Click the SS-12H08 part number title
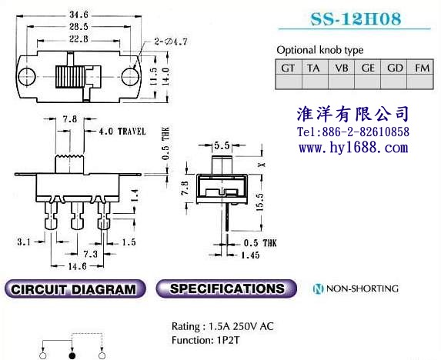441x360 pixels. (356, 18)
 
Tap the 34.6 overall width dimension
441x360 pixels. (79, 15)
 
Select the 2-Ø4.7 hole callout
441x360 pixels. (170, 42)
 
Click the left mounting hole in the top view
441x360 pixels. (27, 76)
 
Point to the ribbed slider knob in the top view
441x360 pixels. (70, 77)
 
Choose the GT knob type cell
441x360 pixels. (289, 68)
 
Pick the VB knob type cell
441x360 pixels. (342, 68)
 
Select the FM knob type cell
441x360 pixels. (421, 68)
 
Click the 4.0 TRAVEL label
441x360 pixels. (122, 132)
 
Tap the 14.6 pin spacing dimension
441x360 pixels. (77, 266)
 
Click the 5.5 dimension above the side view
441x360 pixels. (222, 145)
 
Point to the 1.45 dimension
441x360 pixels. (250, 255)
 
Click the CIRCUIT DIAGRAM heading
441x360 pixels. (74, 289)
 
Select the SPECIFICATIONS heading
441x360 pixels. (227, 288)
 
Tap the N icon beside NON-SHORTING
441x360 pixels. (318, 288)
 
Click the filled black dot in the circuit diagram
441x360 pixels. (72, 356)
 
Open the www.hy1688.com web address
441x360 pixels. (353, 148)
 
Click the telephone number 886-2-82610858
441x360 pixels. (366, 132)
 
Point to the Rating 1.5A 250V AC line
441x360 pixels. (222, 326)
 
